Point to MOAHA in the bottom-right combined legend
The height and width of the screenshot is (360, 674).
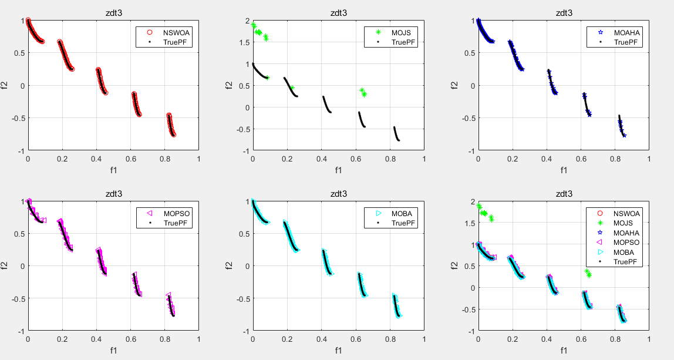[626, 233]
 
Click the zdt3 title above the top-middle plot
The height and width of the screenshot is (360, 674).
[338, 12]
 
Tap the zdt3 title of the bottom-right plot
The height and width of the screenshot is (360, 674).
[564, 193]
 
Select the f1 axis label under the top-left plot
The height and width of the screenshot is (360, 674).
[113, 170]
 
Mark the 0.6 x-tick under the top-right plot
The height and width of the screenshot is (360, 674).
[581, 159]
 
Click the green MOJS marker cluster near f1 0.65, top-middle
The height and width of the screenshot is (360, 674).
[363, 92]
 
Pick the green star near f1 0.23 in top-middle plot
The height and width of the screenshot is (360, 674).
[292, 88]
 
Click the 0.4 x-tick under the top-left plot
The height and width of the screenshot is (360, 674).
[96, 159]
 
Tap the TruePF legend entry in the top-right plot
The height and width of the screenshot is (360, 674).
[626, 42]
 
